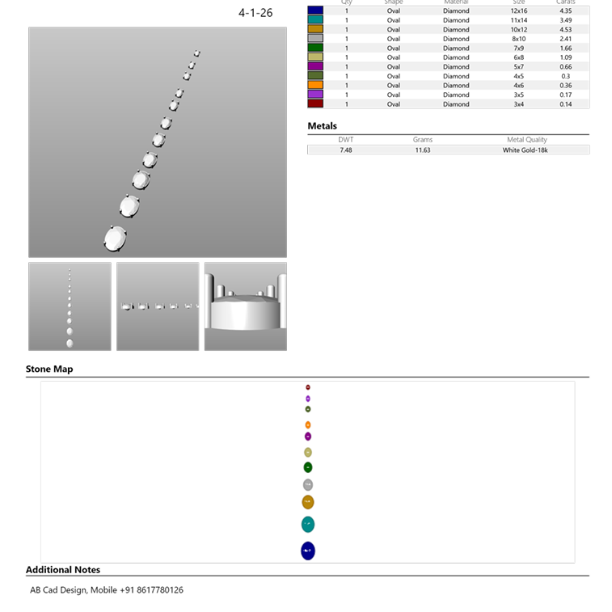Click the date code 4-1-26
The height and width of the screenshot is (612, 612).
[x=255, y=14]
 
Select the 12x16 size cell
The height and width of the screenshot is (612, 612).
[x=518, y=11]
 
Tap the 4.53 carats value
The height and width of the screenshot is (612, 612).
[x=565, y=30]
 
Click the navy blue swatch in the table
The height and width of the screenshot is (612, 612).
[x=315, y=11]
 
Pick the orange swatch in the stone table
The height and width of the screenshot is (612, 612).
[x=315, y=85]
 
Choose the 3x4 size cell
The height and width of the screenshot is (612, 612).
[x=518, y=104]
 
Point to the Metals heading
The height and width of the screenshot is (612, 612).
[x=322, y=126]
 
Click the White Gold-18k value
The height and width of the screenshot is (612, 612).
[x=525, y=150]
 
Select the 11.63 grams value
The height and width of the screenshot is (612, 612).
[x=422, y=150]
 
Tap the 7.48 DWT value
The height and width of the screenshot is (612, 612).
[x=345, y=150]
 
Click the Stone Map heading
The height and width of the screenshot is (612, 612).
[x=49, y=369]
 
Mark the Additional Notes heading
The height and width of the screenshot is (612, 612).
[x=63, y=570]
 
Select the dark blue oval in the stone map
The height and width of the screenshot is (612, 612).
[x=307, y=551]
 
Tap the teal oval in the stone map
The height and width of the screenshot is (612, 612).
[x=307, y=525]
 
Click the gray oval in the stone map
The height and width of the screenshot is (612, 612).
[x=308, y=485]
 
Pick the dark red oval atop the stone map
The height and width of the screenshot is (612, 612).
[x=308, y=388]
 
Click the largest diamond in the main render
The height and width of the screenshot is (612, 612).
[x=116, y=238]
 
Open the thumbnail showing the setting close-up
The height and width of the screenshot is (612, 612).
[x=245, y=306]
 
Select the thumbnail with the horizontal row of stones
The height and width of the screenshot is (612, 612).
[x=158, y=306]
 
